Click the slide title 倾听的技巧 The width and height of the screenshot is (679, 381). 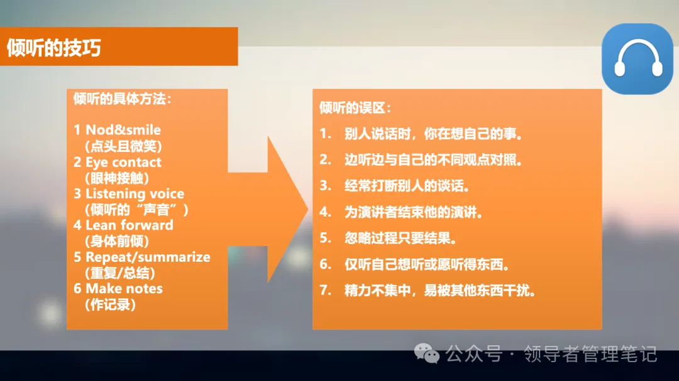click(53, 48)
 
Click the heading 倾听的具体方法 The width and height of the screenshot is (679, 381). click(122, 99)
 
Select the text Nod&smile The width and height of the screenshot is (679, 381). click(123, 130)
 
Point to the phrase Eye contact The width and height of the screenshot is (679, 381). click(123, 162)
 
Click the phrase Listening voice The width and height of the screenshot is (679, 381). click(135, 193)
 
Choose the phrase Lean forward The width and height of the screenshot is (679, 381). click(129, 225)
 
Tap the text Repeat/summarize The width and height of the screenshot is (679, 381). click(148, 257)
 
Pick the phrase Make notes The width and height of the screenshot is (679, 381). click(124, 289)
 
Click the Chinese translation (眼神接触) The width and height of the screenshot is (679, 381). click(117, 178)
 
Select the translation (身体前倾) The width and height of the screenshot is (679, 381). click(117, 241)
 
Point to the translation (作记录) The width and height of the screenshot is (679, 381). click(110, 304)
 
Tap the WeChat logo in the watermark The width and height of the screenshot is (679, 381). click(430, 355)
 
